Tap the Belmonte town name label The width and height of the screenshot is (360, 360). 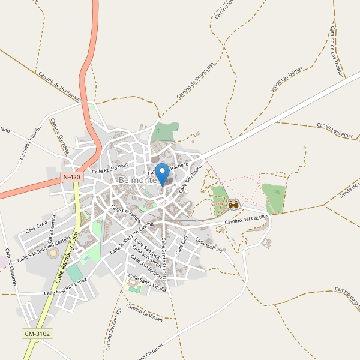pos(137,180)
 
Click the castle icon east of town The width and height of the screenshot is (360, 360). pos(233,205)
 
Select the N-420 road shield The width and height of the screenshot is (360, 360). pos(71,178)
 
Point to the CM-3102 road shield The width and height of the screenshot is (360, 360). pos(37,334)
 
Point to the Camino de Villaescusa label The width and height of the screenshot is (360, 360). pos(195,83)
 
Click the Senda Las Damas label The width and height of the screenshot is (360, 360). pos(286,80)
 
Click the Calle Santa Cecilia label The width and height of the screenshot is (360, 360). pos(148,283)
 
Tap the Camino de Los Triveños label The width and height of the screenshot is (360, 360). pos(336,52)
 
